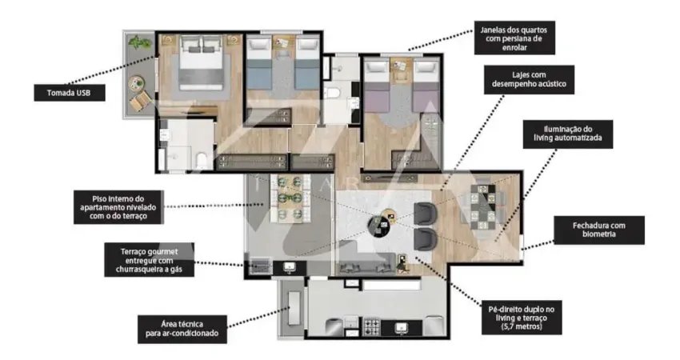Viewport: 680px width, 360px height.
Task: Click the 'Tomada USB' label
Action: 70,93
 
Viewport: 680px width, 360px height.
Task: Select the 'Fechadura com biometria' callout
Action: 599,230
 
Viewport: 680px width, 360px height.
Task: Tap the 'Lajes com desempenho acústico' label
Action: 529,79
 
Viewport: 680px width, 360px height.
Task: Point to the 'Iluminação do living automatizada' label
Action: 568,134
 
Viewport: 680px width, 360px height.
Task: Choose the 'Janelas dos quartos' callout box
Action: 514,38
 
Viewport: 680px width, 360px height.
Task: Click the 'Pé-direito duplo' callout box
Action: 522,318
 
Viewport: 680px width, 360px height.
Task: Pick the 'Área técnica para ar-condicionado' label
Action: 182,330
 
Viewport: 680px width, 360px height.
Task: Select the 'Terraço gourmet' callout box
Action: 149,260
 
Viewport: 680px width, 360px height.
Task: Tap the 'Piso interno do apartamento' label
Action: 118,207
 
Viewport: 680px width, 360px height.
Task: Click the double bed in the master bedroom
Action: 202,62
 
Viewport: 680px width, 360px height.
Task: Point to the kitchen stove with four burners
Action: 371,326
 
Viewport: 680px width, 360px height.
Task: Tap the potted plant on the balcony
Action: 140,43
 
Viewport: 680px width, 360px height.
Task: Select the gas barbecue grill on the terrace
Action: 259,266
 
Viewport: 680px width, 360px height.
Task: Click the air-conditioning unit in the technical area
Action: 294,307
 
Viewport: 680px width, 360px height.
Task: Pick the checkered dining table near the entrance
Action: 482,206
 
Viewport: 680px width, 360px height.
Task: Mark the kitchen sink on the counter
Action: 402,328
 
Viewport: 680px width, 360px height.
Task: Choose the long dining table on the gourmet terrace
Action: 290,198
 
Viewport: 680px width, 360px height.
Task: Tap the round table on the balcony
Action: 137,82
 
